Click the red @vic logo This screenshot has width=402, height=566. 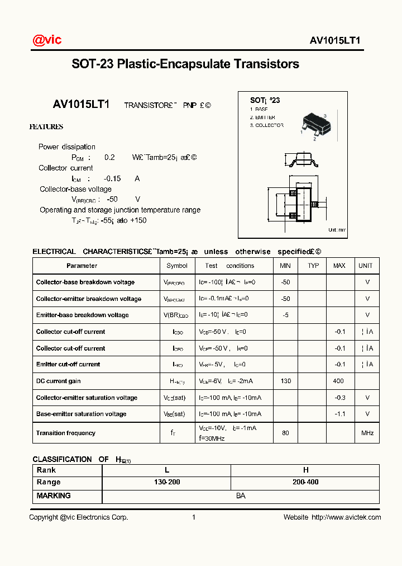[47, 40]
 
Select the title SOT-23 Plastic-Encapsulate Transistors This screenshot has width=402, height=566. [185, 64]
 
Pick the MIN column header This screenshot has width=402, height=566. [285, 266]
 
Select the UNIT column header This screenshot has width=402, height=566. [366, 266]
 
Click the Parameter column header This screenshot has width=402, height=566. [82, 266]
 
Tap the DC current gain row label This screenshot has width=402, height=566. [59, 381]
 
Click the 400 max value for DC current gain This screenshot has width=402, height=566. [339, 381]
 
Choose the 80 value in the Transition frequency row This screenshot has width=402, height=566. [285, 433]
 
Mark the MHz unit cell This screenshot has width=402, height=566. [367, 433]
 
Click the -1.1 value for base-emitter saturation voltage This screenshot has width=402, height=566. [339, 414]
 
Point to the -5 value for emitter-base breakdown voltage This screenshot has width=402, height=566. [285, 315]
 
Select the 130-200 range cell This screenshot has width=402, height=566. [166, 482]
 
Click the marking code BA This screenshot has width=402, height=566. [241, 496]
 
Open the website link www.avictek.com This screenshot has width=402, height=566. [346, 517]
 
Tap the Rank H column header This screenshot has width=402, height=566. [305, 470]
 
